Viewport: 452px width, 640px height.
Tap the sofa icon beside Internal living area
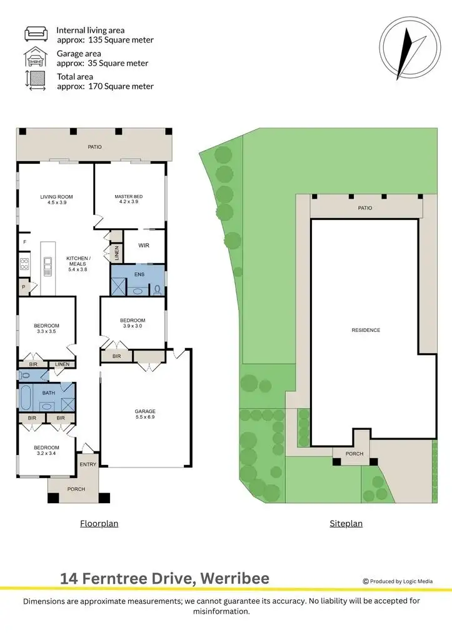point(36,34)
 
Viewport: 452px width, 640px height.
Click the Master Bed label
point(129,199)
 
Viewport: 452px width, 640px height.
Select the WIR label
point(143,246)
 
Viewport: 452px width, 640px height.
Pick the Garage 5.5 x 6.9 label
point(145,414)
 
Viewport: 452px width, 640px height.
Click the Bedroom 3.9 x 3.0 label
point(133,323)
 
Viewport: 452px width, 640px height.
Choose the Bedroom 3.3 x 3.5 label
point(46,328)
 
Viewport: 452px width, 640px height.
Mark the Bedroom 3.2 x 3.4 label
point(46,450)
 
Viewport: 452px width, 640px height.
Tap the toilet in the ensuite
point(157,289)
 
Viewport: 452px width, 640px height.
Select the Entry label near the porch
point(88,464)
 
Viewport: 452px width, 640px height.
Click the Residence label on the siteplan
point(366,330)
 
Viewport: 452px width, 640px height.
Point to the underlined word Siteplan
point(346,524)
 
